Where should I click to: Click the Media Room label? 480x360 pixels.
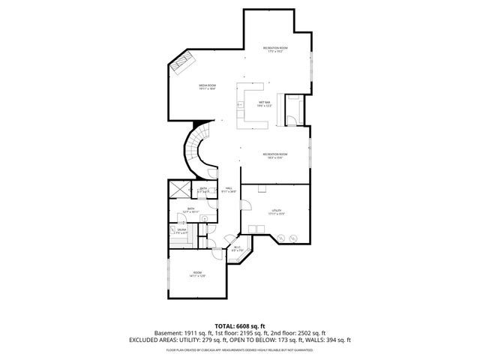tap(207, 87)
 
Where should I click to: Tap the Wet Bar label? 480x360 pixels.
tap(264, 104)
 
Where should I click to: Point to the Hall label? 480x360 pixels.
tap(228, 190)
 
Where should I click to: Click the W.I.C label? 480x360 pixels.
tap(236, 248)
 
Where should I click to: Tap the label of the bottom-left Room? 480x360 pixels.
tap(197, 274)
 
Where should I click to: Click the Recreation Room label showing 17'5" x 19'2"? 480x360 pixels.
tap(275, 49)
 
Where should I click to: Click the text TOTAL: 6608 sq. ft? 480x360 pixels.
tap(239, 325)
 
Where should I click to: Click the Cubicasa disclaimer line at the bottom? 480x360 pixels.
tap(239, 349)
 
